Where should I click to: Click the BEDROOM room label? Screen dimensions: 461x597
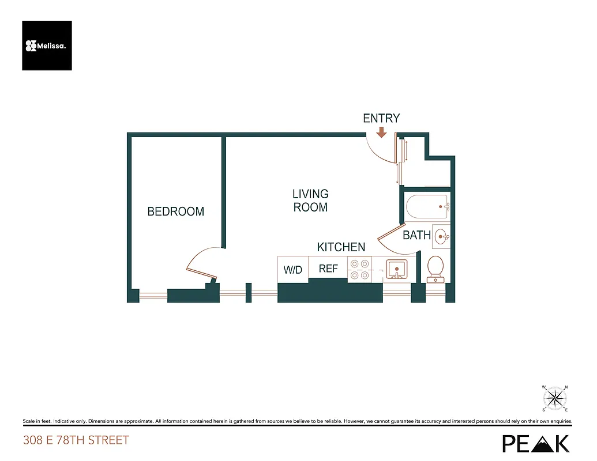pyautogui.click(x=175, y=211)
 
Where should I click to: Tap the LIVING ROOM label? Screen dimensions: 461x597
pyautogui.click(x=310, y=201)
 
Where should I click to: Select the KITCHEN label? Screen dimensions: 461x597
pyautogui.click(x=341, y=247)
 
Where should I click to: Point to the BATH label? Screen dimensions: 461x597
pyautogui.click(x=416, y=235)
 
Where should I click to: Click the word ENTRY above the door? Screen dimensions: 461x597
pyautogui.click(x=381, y=118)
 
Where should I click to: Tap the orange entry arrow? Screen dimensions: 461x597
pyautogui.click(x=381, y=133)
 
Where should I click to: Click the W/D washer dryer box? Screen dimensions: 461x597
pyautogui.click(x=293, y=270)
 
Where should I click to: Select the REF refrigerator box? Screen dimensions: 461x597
pyautogui.click(x=328, y=268)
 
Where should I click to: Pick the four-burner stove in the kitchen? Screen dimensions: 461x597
pyautogui.click(x=359, y=269)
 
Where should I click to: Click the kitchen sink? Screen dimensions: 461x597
pyautogui.click(x=396, y=269)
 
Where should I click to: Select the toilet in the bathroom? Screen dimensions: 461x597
pyautogui.click(x=435, y=269)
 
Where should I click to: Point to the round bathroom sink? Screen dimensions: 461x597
pyautogui.click(x=441, y=236)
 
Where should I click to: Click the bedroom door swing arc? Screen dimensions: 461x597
pyautogui.click(x=199, y=262)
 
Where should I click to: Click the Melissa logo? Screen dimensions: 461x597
pyautogui.click(x=47, y=46)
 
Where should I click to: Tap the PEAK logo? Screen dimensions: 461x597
pyautogui.click(x=536, y=443)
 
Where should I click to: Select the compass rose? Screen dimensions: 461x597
pyautogui.click(x=555, y=398)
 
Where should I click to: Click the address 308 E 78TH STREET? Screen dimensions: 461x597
pyautogui.click(x=76, y=441)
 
